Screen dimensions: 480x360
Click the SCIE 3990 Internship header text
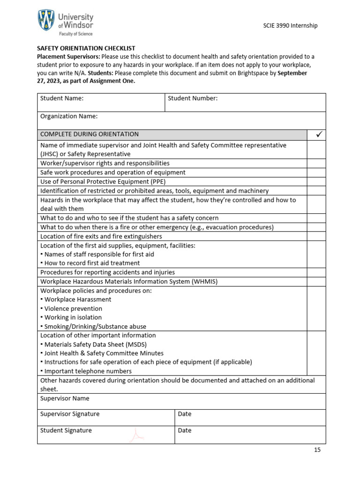click(290, 25)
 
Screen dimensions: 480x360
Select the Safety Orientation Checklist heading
click(86, 48)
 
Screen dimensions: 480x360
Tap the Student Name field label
click(62, 98)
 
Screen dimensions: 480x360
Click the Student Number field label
click(193, 98)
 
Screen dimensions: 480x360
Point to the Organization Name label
click(69, 116)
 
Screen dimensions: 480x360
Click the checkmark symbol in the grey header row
click(316, 135)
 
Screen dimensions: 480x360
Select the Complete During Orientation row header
click(90, 135)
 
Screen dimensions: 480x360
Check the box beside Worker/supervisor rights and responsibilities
click(316, 163)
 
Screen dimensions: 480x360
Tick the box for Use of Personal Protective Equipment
click(316, 181)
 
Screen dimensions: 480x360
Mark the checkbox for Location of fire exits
click(316, 236)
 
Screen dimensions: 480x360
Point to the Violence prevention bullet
click(73, 308)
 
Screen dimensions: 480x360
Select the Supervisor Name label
click(65, 398)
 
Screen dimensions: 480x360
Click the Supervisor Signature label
click(70, 414)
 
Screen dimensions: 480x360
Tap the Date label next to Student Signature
click(185, 430)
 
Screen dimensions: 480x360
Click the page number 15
click(317, 450)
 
